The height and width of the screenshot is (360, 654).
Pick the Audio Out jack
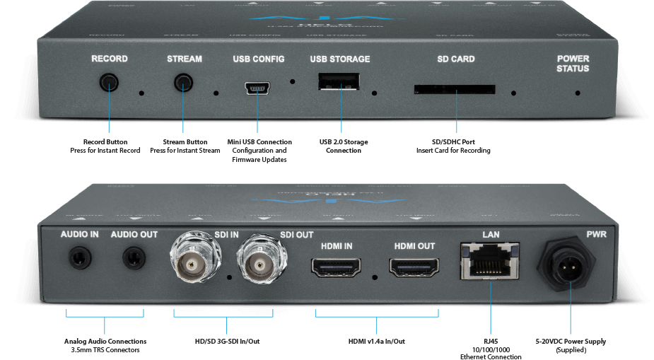pyautogui.click(x=134, y=257)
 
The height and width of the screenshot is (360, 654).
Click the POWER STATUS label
pyautogui.click(x=572, y=64)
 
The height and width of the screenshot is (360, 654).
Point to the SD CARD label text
pyautogui.click(x=456, y=59)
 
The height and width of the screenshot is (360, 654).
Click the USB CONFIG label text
pyautogui.click(x=256, y=59)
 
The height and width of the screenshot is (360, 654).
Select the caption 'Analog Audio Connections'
pyautogui.click(x=105, y=342)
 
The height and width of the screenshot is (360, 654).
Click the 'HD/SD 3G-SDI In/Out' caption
pyautogui.click(x=227, y=342)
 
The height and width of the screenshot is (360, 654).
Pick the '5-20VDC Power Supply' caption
pyautogui.click(x=571, y=342)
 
